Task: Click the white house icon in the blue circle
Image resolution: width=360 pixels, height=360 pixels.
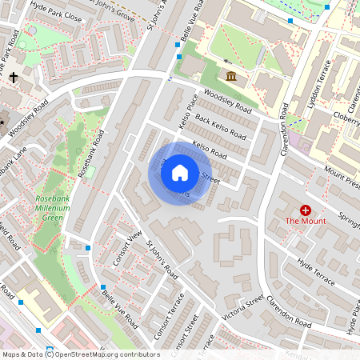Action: point(180,172)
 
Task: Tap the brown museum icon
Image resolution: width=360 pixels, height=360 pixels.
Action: point(231,76)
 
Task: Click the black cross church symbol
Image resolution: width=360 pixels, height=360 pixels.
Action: point(14,78)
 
